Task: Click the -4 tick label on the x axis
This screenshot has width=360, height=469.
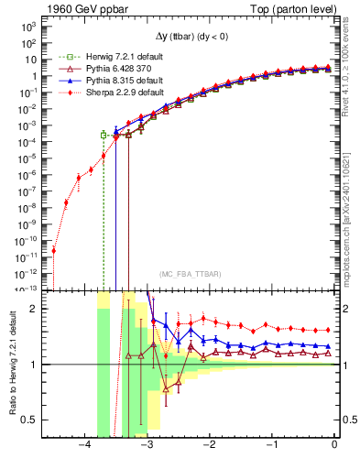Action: [84, 444]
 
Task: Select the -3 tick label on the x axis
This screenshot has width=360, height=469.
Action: [147, 444]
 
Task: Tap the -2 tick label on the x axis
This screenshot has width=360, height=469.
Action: [210, 444]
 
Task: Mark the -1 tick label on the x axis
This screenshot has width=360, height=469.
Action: [272, 444]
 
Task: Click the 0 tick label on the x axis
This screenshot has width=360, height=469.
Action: [334, 444]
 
